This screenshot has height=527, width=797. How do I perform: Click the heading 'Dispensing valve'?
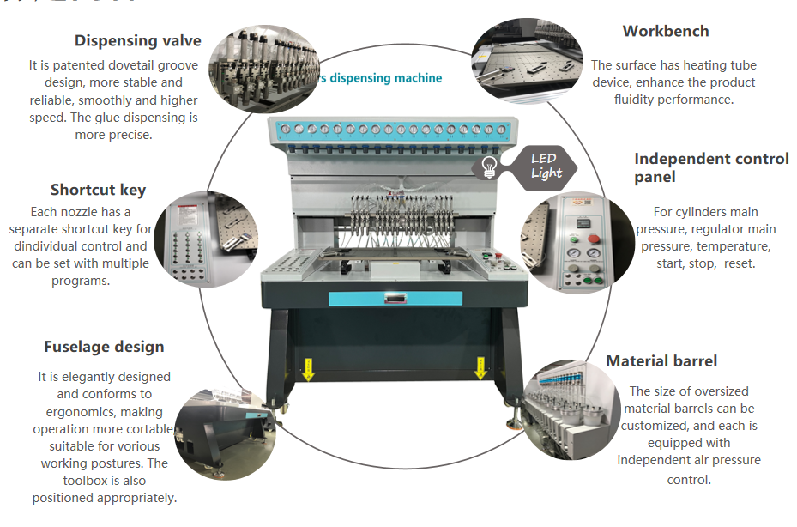tap(137, 40)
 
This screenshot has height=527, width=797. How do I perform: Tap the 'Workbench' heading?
tap(666, 31)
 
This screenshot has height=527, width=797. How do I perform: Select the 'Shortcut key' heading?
tap(98, 190)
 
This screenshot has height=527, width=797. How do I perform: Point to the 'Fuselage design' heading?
tap(104, 347)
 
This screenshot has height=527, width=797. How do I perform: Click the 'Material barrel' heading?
tap(661, 360)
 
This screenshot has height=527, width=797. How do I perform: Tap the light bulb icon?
tap(490, 167)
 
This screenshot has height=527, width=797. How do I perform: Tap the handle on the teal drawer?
tap(395, 298)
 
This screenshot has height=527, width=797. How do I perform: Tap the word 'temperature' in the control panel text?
tap(728, 246)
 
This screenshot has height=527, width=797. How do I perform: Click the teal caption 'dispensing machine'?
tap(385, 78)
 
